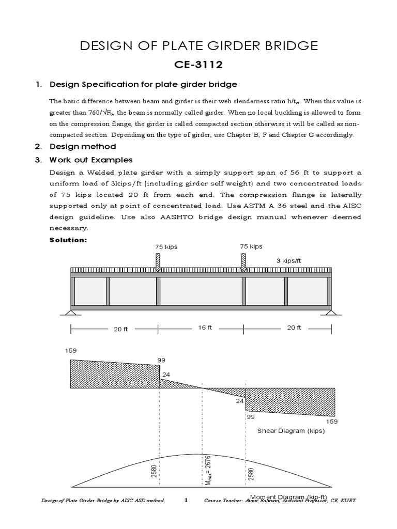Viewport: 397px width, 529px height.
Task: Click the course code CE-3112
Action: (198, 66)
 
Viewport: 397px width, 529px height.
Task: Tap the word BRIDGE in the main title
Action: (287, 46)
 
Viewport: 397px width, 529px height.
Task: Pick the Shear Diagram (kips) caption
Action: (291, 431)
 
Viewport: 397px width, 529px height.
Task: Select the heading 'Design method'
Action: (83, 147)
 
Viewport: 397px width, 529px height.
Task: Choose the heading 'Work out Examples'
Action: (91, 160)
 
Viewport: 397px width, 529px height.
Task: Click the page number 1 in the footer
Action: (185, 501)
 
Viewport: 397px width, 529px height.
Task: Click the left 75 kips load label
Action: (166, 247)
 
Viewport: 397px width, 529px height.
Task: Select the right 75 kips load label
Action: (251, 246)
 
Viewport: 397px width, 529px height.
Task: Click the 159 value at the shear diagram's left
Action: (71, 351)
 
